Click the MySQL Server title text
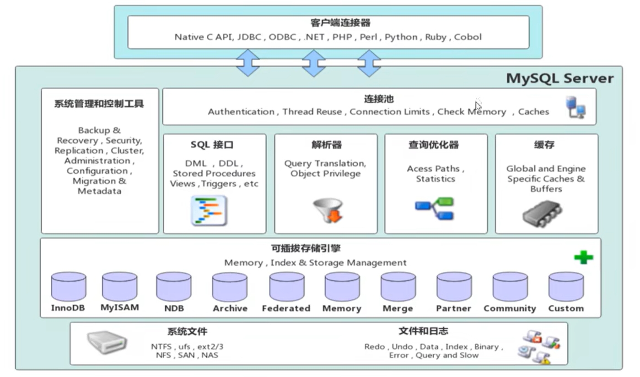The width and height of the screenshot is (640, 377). point(559,78)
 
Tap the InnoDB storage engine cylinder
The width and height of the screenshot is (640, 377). point(69,287)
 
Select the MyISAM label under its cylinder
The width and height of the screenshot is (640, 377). point(119,308)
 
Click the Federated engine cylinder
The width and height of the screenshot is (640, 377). point(286,287)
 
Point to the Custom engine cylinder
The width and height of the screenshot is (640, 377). point(566,287)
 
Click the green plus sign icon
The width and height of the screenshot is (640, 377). point(583,257)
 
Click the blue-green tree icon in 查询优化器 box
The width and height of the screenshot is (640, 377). point(434,208)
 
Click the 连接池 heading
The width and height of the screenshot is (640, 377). point(379,99)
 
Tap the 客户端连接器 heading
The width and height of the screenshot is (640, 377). point(328,23)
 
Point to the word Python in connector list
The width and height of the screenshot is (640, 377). point(401,37)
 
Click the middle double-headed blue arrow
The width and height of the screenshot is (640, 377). point(314,63)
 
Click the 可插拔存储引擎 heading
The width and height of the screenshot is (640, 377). point(306,249)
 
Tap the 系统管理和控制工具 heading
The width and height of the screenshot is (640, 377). point(99,104)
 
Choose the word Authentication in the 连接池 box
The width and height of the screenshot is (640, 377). point(241,112)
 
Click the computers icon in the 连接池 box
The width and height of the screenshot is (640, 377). point(575,107)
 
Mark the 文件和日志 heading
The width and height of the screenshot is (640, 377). point(423,331)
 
